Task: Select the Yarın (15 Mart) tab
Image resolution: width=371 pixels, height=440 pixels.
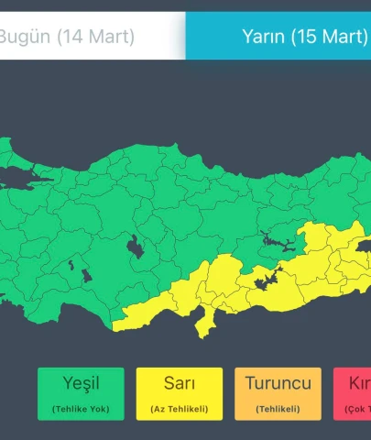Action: pos(278,37)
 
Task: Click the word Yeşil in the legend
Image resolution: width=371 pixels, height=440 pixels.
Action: pos(81,383)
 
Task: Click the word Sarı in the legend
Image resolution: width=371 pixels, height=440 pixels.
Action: pos(180,383)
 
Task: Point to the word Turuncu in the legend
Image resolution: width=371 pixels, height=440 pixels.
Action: pos(278,383)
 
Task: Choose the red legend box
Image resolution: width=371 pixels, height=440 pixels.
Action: pos(352,393)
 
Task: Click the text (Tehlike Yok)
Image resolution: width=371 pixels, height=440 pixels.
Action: pos(81,408)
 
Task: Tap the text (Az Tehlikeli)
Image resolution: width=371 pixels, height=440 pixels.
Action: pos(180,408)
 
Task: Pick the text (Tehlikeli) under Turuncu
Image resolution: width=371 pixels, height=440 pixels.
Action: pos(278,408)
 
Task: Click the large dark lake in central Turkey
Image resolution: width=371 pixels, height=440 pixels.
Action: pos(136,247)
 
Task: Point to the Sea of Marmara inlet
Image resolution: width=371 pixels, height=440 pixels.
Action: pos(23,173)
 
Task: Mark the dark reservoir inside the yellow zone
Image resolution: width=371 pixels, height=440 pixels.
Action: pos(267,281)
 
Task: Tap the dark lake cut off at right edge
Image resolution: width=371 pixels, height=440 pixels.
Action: pos(363,247)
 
